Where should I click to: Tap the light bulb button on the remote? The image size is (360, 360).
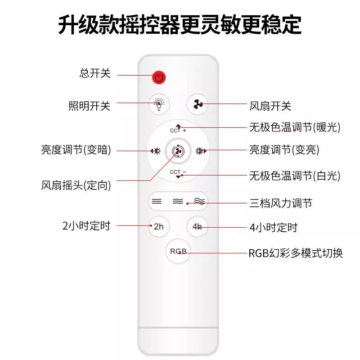[159, 104]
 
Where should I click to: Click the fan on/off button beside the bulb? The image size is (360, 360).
[198, 104]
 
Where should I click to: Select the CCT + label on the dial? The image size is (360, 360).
[178, 130]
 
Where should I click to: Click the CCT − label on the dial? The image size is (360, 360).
[178, 172]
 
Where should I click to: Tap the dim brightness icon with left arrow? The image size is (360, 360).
[155, 151]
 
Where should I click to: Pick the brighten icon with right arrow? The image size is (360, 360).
[201, 151]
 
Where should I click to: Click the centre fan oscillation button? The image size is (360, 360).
[178, 151]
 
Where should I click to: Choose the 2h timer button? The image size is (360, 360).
[159, 227]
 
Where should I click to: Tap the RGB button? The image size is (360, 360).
[178, 251]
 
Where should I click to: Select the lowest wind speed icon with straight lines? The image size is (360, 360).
[157, 201]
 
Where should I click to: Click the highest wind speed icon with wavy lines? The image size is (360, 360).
[199, 201]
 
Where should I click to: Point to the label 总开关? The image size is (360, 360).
[95, 73]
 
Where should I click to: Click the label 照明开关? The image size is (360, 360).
[89, 106]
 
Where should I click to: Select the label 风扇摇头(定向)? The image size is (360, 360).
[76, 185]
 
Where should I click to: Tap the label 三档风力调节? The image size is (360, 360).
[281, 203]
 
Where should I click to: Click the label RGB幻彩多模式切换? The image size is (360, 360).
[296, 253]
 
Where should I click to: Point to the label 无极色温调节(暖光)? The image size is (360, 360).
[295, 127]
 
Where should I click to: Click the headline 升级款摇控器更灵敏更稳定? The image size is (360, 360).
[180, 25]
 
